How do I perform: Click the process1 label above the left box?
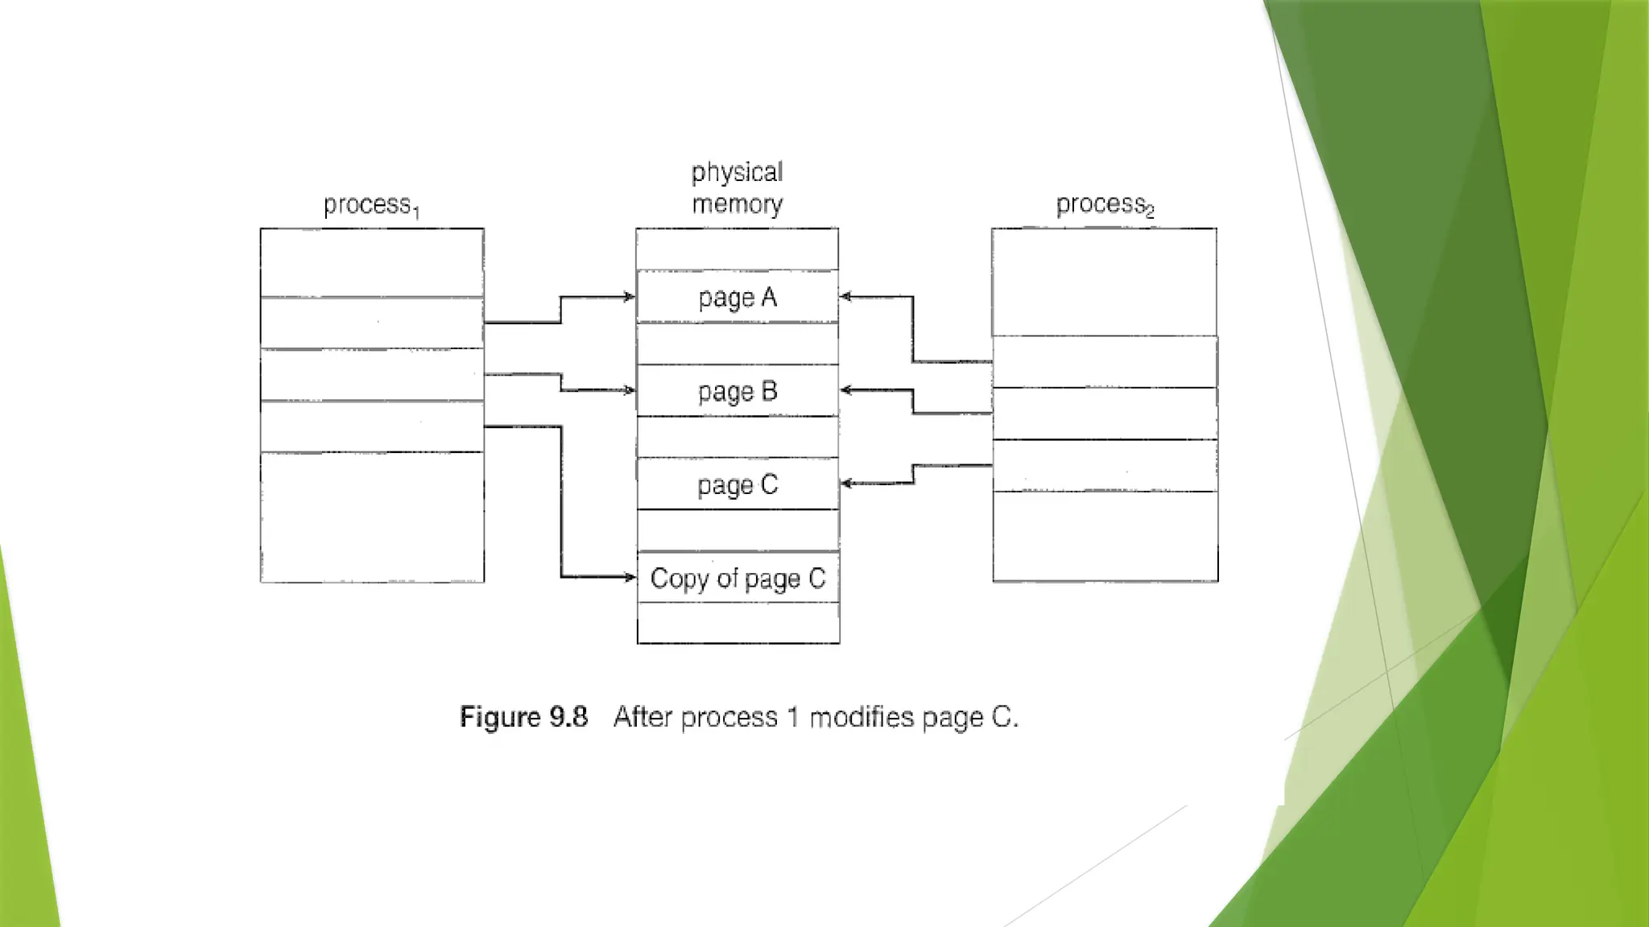coord(371,206)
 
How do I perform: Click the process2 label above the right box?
coord(1105,205)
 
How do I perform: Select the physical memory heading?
coord(737,188)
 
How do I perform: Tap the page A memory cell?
coord(738,297)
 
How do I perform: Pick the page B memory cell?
coord(738,391)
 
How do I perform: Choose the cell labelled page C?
coord(738,484)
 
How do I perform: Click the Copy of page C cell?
coord(738,578)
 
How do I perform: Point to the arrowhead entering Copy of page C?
coord(630,577)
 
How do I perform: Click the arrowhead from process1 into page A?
coord(630,297)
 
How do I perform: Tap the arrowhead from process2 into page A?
coord(845,297)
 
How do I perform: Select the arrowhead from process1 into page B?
coord(630,390)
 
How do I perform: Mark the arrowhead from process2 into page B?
coord(845,390)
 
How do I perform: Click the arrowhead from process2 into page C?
coord(845,484)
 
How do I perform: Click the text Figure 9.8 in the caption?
coord(523,716)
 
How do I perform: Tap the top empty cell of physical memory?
coord(737,249)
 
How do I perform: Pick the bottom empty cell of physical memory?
coord(738,623)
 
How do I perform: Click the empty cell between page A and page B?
coord(737,344)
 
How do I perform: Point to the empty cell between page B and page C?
coord(738,437)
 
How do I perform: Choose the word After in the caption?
coord(643,716)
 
